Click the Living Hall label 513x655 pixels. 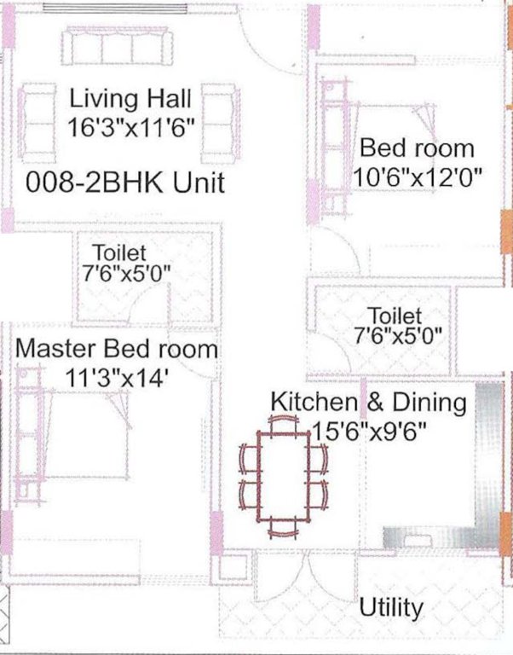(131, 98)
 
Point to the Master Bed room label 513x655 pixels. (117, 349)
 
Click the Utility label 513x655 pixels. (391, 608)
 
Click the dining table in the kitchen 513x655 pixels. (285, 475)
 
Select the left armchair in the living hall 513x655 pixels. (38, 125)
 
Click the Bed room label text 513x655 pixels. (417, 148)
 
